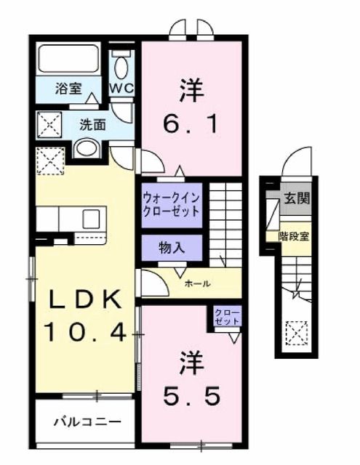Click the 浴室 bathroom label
pyautogui.click(x=68, y=89)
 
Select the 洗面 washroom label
pyautogui.click(x=92, y=124)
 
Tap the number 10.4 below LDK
pyautogui.click(x=86, y=333)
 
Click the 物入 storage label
pyautogui.click(x=171, y=246)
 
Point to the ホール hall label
pyautogui.click(x=198, y=283)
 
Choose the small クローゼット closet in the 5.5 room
pyautogui.click(x=227, y=317)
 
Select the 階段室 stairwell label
pyautogui.click(x=295, y=236)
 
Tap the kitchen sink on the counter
pyautogui.click(x=93, y=218)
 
